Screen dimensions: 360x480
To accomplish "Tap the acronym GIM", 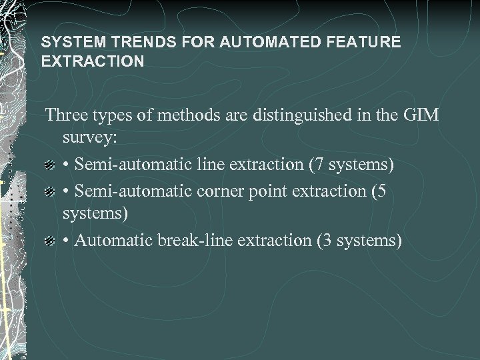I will (420, 115).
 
